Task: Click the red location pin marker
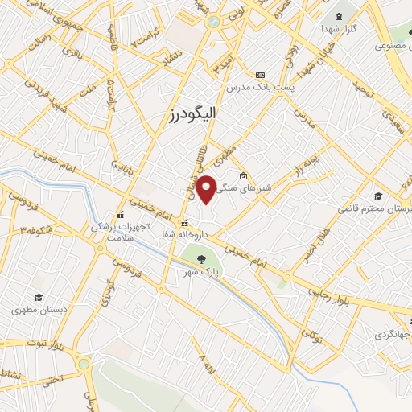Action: pos(206,189)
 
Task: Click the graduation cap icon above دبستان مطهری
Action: pos(38,297)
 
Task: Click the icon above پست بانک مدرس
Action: pos(259,74)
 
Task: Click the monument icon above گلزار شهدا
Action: pos(338,14)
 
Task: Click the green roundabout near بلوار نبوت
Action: pos(84,365)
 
